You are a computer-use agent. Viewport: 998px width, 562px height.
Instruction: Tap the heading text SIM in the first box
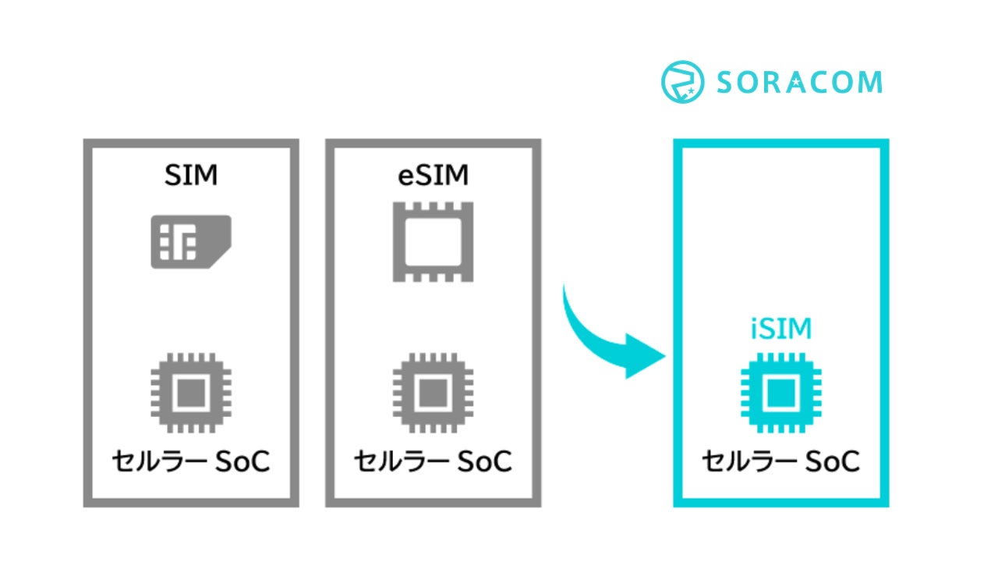click(x=191, y=176)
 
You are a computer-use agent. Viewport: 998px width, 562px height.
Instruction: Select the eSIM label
click(x=433, y=176)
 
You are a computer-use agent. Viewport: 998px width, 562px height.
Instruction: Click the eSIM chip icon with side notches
click(x=433, y=241)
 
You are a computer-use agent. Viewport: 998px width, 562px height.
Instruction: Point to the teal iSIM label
click(x=781, y=329)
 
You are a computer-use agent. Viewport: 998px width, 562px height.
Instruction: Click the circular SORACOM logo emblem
click(x=683, y=82)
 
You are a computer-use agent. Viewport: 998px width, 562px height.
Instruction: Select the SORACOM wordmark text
click(x=799, y=82)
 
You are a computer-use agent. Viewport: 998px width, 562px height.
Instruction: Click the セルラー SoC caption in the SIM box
click(x=191, y=462)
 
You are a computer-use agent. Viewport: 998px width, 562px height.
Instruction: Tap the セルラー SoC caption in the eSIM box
click(x=433, y=462)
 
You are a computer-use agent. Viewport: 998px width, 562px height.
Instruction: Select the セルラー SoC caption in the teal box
click(x=781, y=462)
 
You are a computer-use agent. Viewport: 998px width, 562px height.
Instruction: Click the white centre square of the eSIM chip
click(x=433, y=241)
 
